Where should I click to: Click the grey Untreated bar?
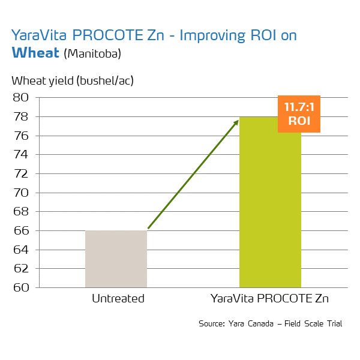click(116, 259)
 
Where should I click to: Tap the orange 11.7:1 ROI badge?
click(299, 113)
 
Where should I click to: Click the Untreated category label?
click(118, 298)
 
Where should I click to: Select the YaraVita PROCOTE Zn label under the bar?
click(270, 298)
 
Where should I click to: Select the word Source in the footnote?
click(211, 324)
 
